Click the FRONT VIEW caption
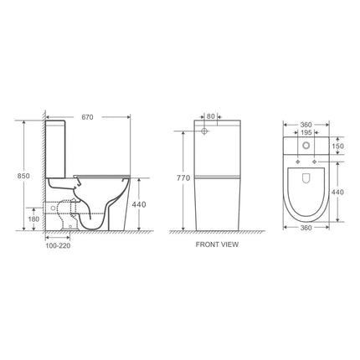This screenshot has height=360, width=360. pyautogui.click(x=219, y=246)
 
